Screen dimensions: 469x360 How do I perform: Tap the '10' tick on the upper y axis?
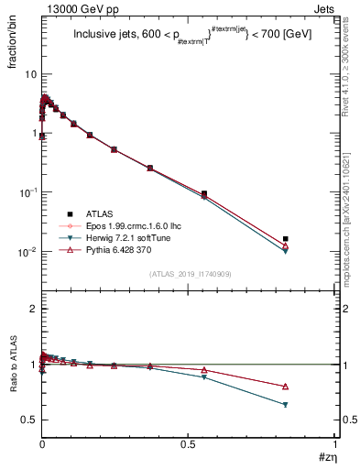[x=30, y=73]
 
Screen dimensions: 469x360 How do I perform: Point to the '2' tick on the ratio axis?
[x=33, y=310]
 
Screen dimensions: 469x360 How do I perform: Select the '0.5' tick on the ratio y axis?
[x=29, y=420]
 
